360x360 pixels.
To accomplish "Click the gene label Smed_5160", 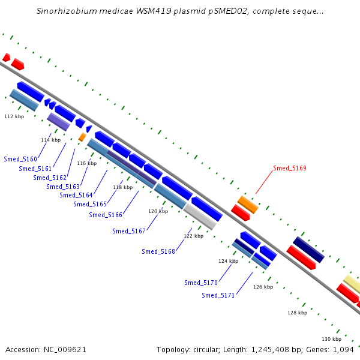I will pos(20,159).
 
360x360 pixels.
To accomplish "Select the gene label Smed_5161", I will pos(35,169).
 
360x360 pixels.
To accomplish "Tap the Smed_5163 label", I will pos(63,187).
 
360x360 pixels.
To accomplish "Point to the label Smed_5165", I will pos(90,204).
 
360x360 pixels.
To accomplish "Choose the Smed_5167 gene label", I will pos(129,231).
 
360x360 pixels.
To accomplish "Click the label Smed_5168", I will pos(158,251).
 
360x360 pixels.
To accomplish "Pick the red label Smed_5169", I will pos(290,169).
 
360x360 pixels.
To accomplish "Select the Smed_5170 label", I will pos(201,283).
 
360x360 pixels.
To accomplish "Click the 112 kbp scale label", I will pos(14,116).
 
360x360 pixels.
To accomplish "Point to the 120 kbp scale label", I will pos(158,211).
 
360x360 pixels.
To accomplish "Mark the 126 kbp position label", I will pos(263,287).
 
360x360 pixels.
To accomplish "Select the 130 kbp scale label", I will pos(331,339).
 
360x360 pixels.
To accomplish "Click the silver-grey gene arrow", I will pos(200,216).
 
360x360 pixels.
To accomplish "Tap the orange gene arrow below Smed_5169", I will pos(248,204).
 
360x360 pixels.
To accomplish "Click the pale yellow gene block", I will pos(352,284).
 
